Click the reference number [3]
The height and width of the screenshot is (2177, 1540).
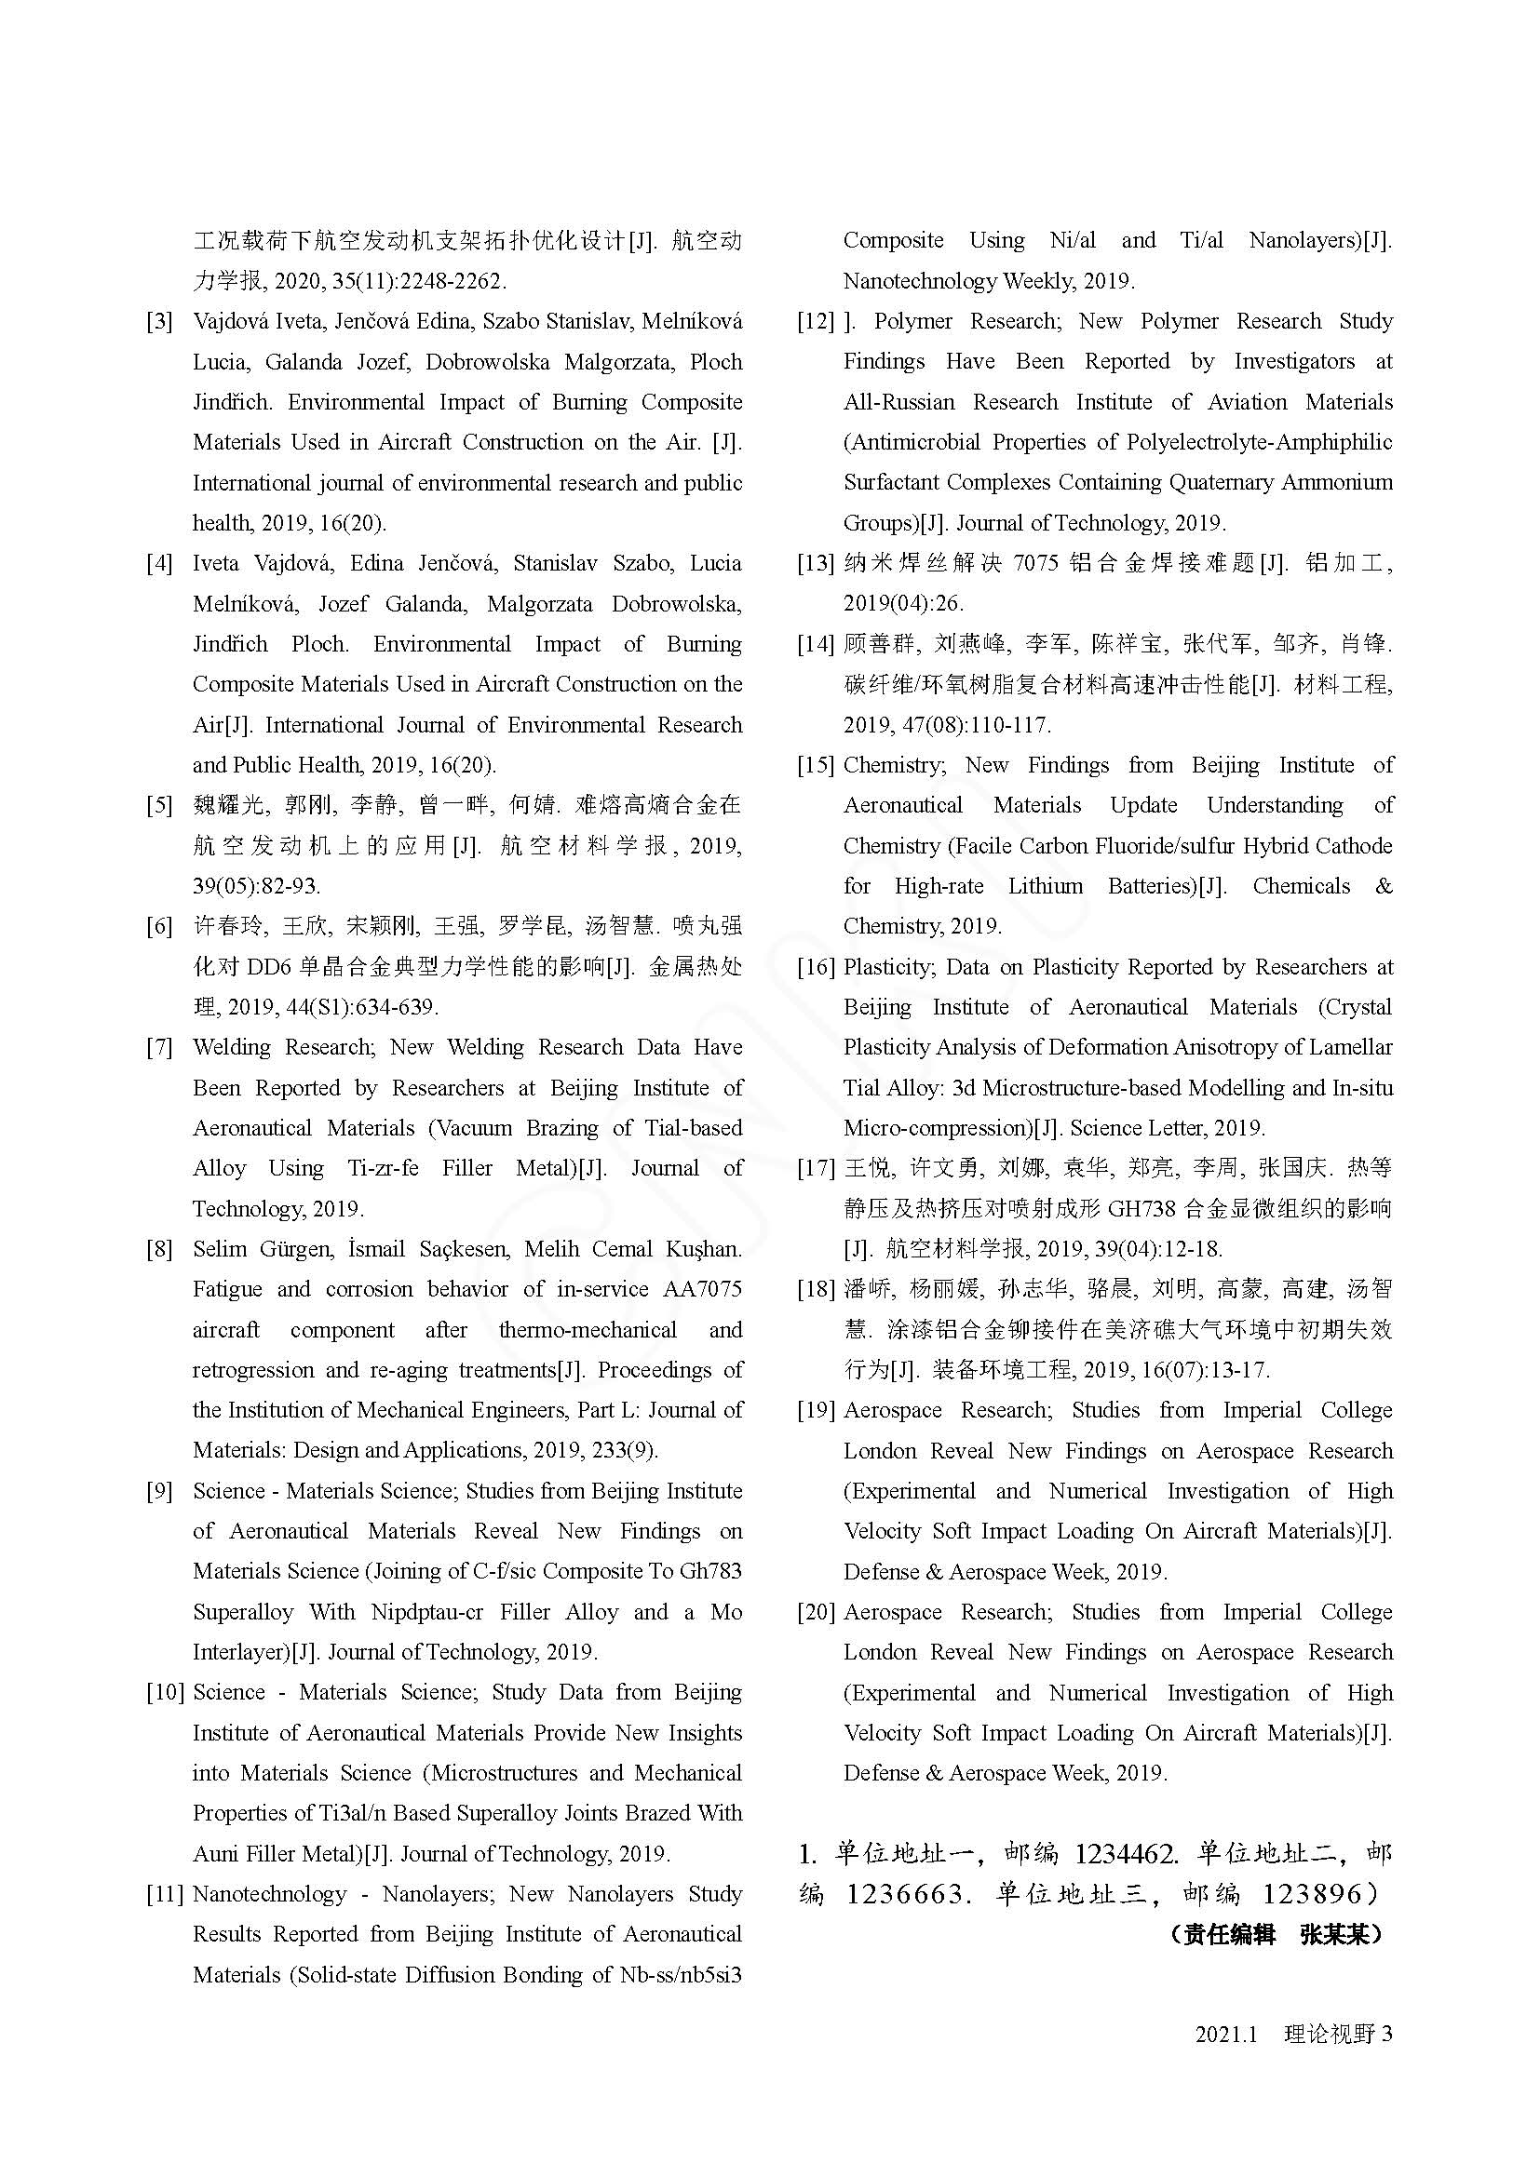(159, 321)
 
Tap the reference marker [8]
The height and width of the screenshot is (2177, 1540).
(159, 1249)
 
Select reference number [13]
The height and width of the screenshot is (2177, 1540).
(816, 563)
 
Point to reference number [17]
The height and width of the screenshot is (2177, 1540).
(816, 1168)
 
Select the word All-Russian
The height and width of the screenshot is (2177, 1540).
(899, 402)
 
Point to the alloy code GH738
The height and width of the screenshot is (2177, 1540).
(1137, 1209)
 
